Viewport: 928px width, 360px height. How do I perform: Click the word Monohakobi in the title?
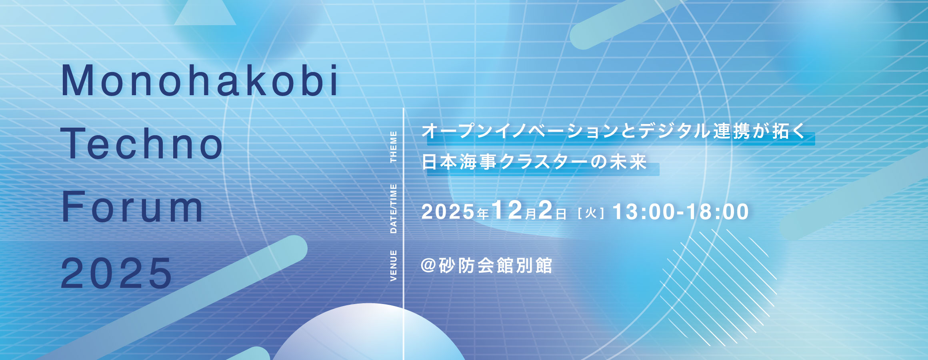[200, 80]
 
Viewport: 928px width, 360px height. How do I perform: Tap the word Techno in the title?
[142, 143]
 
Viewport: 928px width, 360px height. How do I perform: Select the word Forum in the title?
[132, 207]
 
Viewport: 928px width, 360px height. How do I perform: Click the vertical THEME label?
[394, 146]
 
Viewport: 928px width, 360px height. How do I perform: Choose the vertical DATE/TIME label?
[394, 208]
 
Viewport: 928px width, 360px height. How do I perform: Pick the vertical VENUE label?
[394, 265]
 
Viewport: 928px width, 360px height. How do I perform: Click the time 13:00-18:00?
[680, 212]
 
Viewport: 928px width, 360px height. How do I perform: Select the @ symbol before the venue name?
[428, 266]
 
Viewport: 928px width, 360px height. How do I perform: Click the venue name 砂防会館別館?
[496, 266]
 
